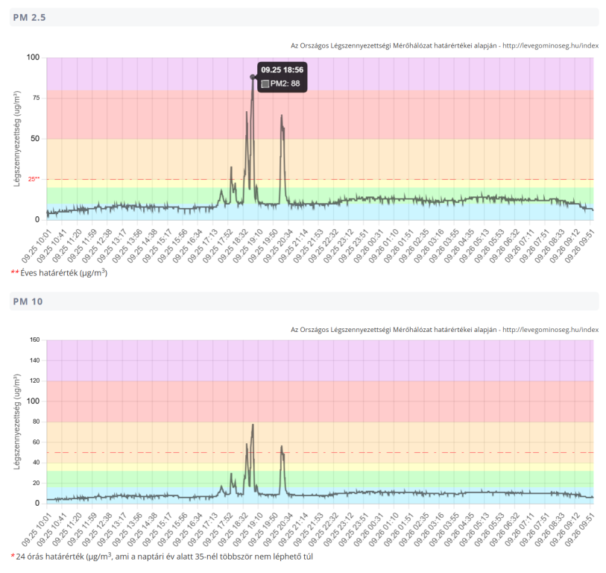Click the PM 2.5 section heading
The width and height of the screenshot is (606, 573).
pos(29,17)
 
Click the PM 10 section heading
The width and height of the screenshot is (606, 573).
pos(28,301)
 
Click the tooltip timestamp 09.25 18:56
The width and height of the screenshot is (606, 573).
pos(282,69)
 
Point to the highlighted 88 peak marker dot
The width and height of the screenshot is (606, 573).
pos(253,77)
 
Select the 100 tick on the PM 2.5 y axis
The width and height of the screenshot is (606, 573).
pos(33,57)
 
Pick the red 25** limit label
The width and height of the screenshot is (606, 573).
pos(34,179)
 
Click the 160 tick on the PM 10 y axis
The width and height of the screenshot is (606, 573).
pos(33,340)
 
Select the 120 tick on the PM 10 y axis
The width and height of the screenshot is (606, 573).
pos(33,381)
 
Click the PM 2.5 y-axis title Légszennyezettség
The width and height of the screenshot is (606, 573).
pos(16,138)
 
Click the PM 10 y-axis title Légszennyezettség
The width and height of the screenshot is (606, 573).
pos(16,422)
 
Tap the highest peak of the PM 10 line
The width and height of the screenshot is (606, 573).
pos(253,425)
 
